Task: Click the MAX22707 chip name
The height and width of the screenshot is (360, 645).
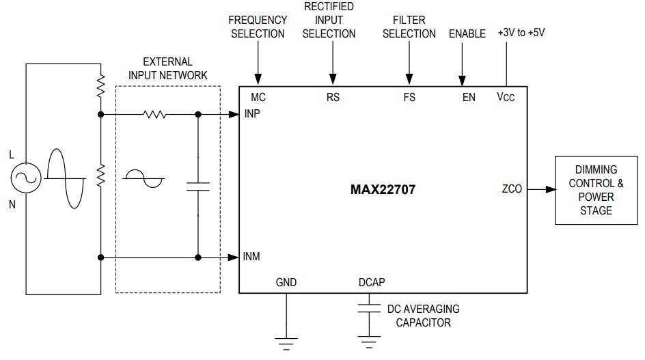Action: [382, 190]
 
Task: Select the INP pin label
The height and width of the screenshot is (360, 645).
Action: [253, 113]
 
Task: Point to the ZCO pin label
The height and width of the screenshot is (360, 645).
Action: [511, 189]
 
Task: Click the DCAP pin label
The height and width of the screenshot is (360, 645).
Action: [371, 282]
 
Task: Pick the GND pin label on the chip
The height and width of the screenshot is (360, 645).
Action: [286, 282]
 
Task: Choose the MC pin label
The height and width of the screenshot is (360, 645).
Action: [258, 97]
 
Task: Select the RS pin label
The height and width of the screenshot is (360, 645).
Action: [333, 97]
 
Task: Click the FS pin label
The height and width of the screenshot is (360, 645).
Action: [409, 97]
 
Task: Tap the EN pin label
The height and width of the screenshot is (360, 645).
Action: [468, 97]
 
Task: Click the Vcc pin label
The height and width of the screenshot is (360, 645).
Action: [506, 97]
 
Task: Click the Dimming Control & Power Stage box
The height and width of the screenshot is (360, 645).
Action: [596, 190]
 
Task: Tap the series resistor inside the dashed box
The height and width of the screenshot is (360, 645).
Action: [154, 114]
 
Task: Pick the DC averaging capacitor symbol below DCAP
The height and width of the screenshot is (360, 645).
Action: [370, 306]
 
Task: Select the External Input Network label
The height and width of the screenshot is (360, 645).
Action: [167, 68]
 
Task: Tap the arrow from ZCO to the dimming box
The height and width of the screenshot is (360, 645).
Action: [540, 189]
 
